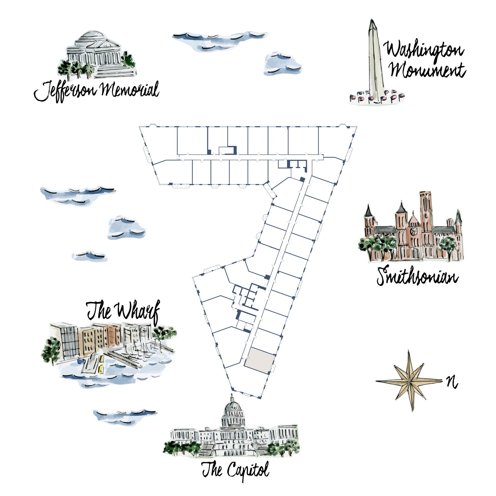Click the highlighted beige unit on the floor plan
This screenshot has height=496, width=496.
[x=260, y=361]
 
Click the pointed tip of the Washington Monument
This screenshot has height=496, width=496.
[x=372, y=21]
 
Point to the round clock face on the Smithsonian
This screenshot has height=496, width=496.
[x=414, y=231]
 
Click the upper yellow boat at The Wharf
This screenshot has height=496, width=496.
[x=102, y=359]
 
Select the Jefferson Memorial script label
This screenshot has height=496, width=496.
[x=97, y=91]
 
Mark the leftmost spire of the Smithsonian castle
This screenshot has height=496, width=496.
[x=368, y=212]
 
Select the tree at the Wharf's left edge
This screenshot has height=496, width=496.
[x=51, y=351]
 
